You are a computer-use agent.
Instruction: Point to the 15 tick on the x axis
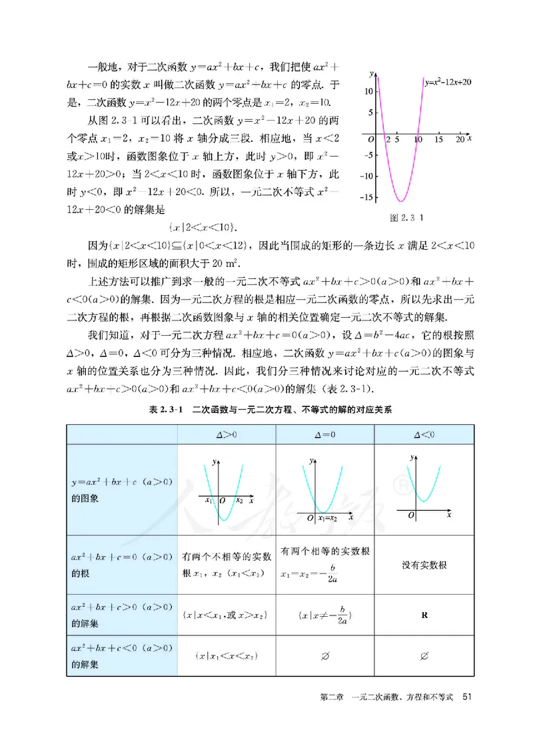pos(438,141)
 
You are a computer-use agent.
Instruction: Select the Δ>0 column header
pos(227,434)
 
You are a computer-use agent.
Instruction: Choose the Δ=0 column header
pos(324,434)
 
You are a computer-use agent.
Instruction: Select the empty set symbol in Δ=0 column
pos(324,657)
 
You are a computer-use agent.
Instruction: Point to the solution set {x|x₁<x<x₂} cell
pos(227,657)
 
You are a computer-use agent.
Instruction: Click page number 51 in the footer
pos(467,697)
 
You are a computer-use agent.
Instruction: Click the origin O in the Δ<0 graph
pos(411,515)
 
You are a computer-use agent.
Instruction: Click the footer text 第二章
pos(331,697)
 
